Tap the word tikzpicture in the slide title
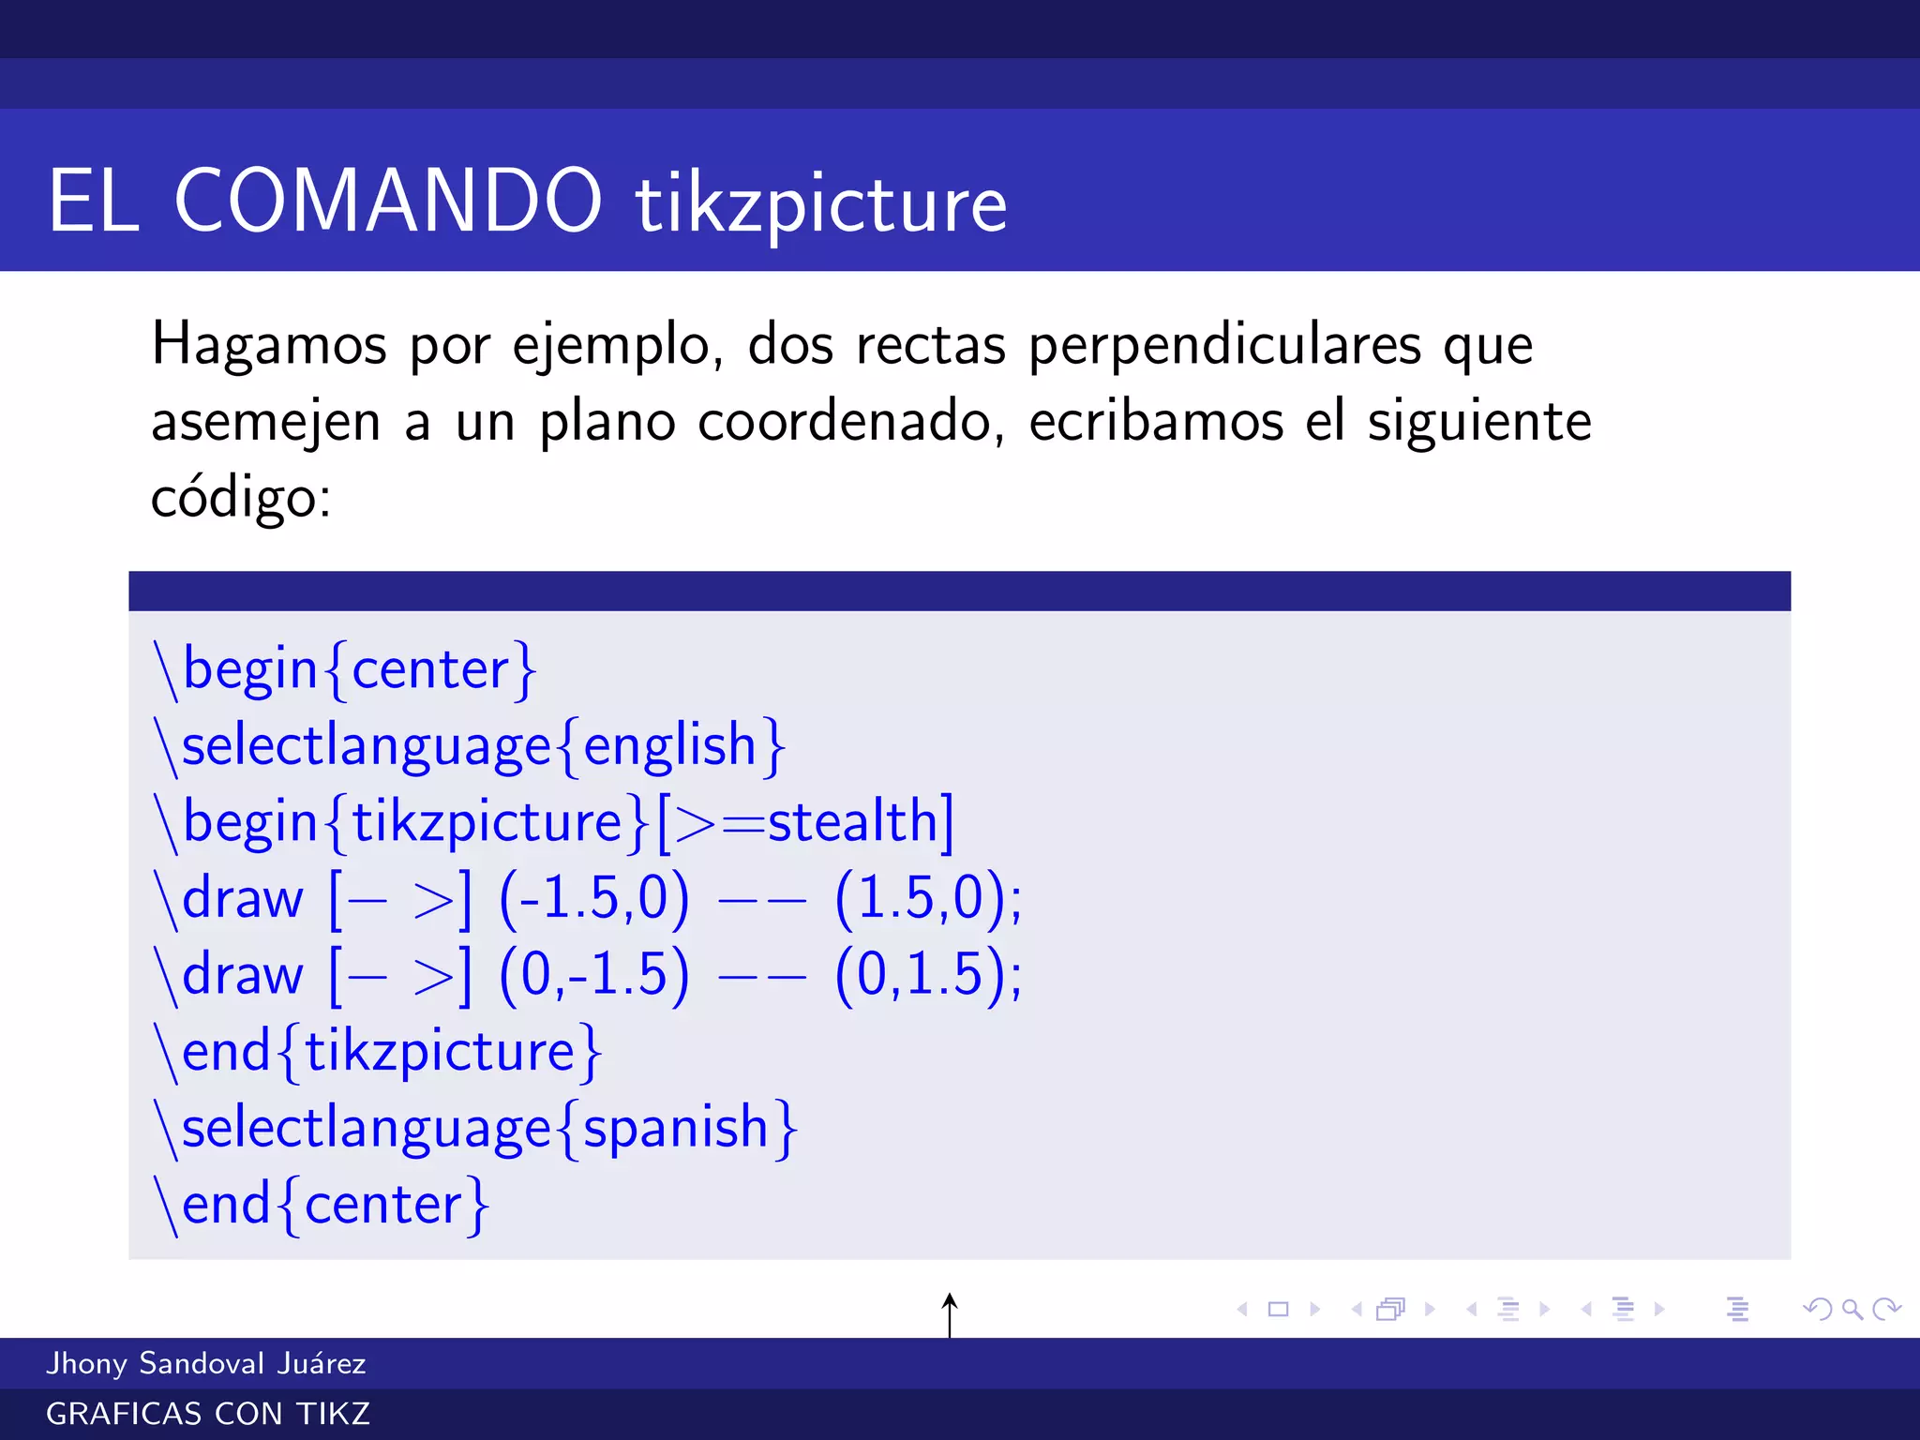pos(821,205)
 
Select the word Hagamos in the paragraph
pos(268,345)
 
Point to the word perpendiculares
pos(1224,345)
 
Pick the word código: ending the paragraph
pos(241,497)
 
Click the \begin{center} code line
pos(345,669)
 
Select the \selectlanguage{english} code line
pos(470,746)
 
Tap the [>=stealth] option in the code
pos(804,822)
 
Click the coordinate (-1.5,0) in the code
pos(594,898)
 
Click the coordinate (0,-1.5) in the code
pos(594,974)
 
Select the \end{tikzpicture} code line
pos(378,1051)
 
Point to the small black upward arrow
pos(950,1313)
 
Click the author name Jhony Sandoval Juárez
pos(205,1363)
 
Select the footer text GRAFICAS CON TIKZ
pos(207,1414)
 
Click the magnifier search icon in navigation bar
pos(1852,1309)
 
